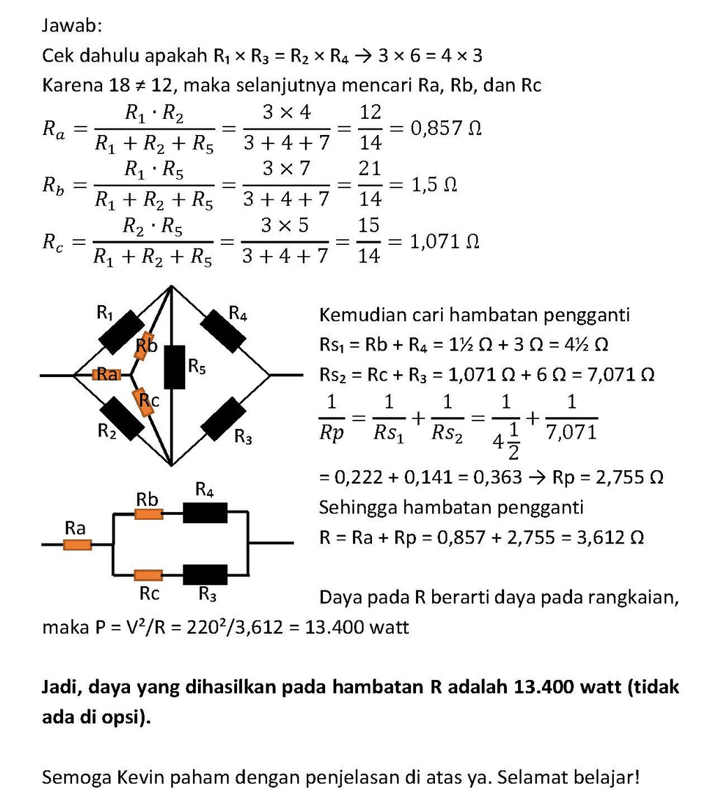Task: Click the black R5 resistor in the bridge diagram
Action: [174, 367]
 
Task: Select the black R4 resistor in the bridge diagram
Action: [224, 328]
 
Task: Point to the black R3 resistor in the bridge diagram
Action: [224, 418]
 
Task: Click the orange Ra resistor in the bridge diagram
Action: [106, 375]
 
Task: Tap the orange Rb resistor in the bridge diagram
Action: [145, 346]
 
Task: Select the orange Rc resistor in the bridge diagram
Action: [144, 403]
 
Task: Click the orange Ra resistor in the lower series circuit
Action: [77, 544]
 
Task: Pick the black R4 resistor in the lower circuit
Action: [205, 514]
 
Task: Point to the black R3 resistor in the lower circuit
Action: [205, 574]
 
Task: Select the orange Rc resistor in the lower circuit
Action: [148, 575]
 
